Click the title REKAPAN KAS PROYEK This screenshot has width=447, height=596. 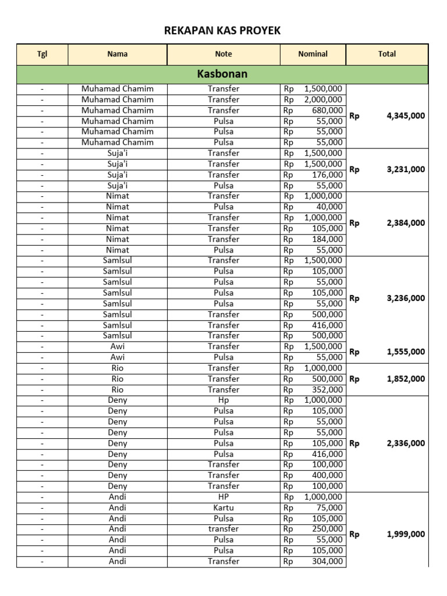click(x=223, y=30)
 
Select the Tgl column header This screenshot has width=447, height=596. click(x=42, y=54)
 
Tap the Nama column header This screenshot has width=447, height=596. click(x=118, y=54)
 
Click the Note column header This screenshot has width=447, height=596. click(x=223, y=54)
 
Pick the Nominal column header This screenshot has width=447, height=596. click(x=313, y=54)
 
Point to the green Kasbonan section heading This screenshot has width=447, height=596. click(x=222, y=74)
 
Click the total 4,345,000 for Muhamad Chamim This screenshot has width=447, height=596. click(x=405, y=116)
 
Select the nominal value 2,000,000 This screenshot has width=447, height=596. click(x=323, y=100)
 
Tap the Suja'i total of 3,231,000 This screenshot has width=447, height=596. click(x=405, y=170)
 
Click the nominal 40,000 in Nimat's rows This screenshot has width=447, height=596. click(x=331, y=207)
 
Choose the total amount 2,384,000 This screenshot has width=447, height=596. click(x=405, y=223)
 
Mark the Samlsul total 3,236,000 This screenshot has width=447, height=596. click(x=405, y=298)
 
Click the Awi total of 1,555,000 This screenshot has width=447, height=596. click(x=405, y=352)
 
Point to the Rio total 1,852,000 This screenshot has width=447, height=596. click(x=405, y=379)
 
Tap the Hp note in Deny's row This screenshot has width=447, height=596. click(x=223, y=400)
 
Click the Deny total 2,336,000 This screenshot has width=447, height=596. click(x=405, y=444)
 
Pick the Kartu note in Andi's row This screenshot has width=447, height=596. click(x=223, y=508)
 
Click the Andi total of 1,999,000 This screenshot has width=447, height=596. click(x=405, y=534)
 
